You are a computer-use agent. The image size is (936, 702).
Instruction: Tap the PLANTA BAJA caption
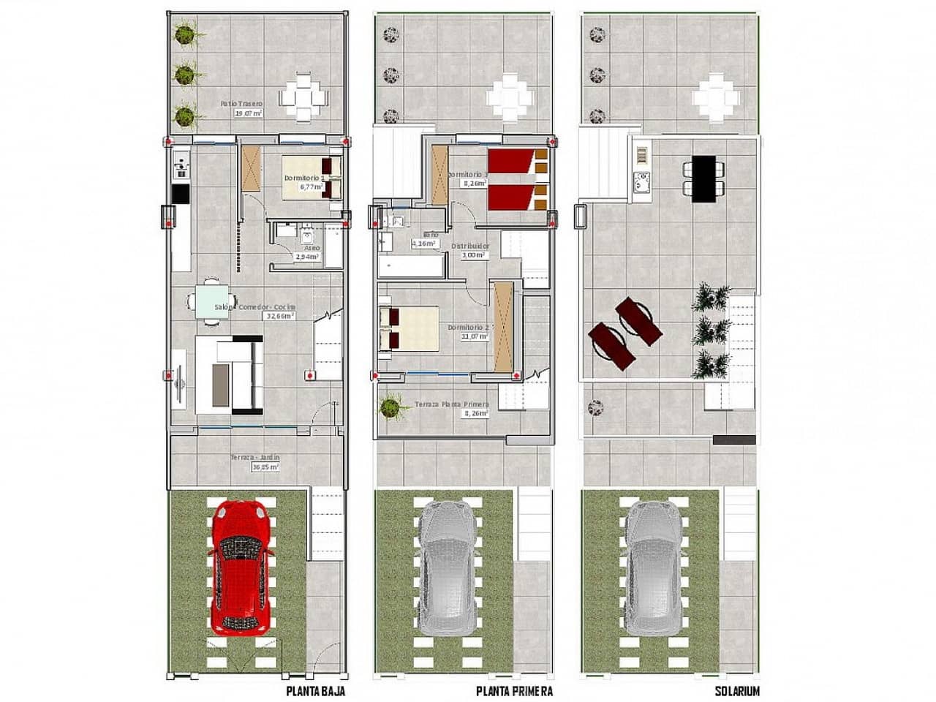tap(315, 690)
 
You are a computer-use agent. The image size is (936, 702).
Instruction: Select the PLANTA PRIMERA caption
tap(514, 690)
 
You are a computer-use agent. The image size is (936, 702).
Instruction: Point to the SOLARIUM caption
tap(738, 690)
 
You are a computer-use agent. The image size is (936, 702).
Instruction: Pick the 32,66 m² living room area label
tap(280, 317)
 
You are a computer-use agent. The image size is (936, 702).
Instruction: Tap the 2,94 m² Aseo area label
tap(308, 257)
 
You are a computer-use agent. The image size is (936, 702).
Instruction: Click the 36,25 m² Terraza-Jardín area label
tap(265, 466)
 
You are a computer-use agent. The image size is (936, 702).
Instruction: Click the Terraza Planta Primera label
tap(451, 404)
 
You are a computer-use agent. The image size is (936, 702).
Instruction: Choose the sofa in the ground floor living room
tap(230, 374)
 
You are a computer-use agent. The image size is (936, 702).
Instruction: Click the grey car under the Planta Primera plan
tap(448, 567)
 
